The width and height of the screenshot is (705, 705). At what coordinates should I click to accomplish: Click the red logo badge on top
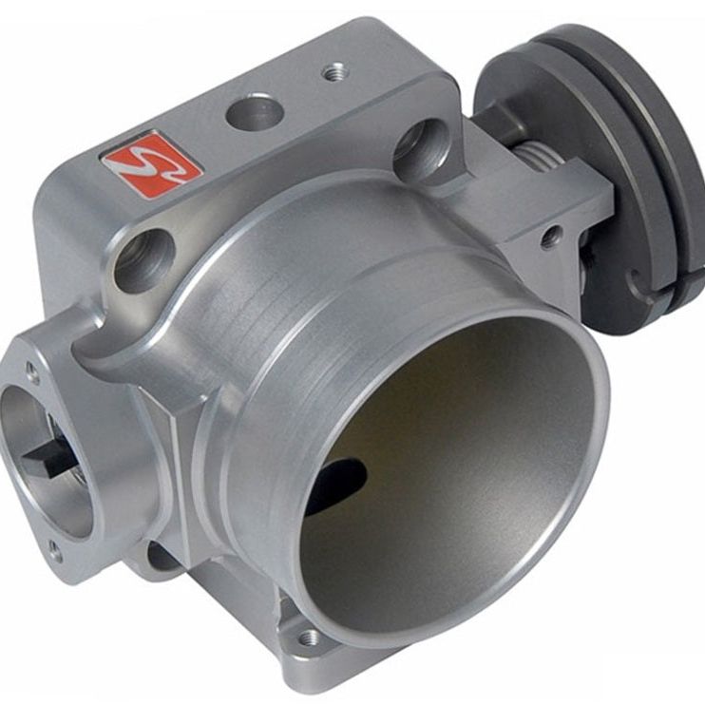coord(152,165)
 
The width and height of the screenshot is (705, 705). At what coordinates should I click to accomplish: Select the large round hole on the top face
coord(255,112)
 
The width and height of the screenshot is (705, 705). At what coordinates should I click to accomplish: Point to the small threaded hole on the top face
coord(333,70)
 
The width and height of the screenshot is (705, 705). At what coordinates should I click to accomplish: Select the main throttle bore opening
coord(447,475)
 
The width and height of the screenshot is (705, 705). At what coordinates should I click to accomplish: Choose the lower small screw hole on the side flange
coord(55,548)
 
